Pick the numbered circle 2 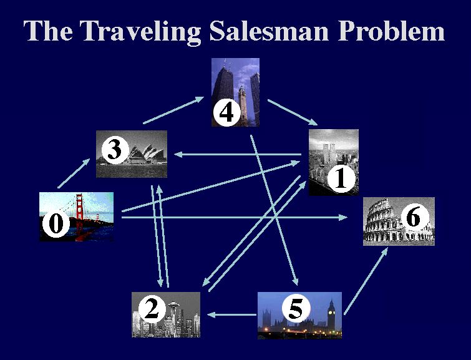pyautogui.click(x=151, y=308)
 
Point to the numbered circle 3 pyautogui.click(x=114, y=150)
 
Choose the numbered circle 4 pyautogui.click(x=226, y=113)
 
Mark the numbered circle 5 pyautogui.click(x=296, y=308)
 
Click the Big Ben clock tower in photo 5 pyautogui.click(x=331, y=315)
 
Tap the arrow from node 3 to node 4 pyautogui.click(x=174, y=110)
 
